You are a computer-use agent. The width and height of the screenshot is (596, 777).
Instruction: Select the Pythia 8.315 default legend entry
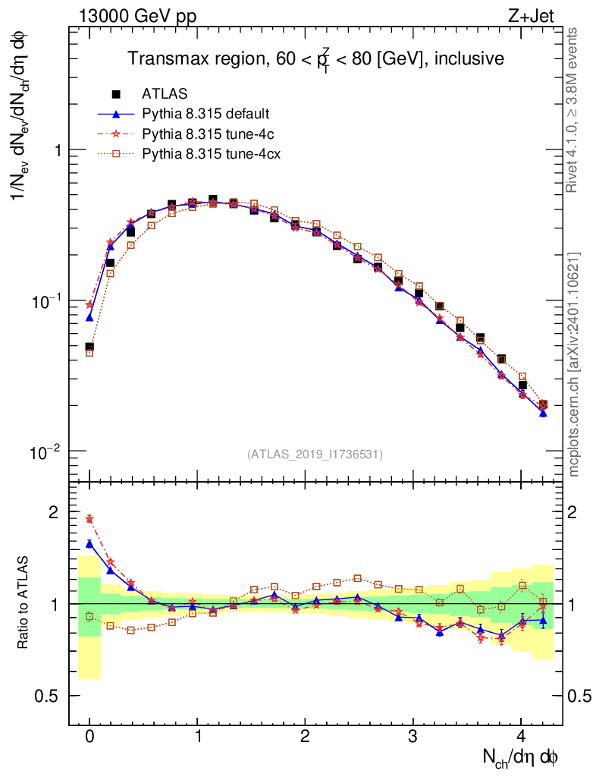click(205, 114)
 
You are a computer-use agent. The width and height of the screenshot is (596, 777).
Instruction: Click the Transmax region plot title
click(315, 59)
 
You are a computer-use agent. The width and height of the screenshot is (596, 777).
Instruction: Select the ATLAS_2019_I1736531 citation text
click(315, 455)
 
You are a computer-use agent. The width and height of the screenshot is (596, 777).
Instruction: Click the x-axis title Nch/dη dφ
click(521, 757)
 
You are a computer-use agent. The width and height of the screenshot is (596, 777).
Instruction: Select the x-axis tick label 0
click(89, 737)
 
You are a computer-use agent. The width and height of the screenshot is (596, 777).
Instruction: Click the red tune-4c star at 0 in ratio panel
click(89, 519)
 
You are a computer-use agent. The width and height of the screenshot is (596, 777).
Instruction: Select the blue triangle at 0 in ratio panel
click(89, 543)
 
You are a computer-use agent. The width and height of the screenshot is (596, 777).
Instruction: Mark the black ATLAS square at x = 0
click(89, 348)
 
